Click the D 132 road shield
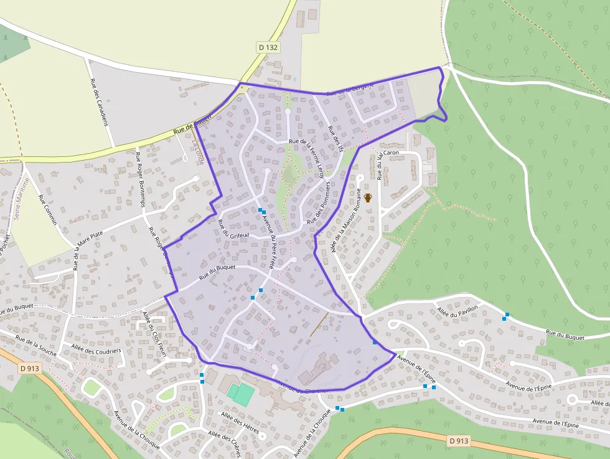click(268, 47)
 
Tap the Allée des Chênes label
click(224, 443)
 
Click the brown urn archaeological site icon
click(368, 197)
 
